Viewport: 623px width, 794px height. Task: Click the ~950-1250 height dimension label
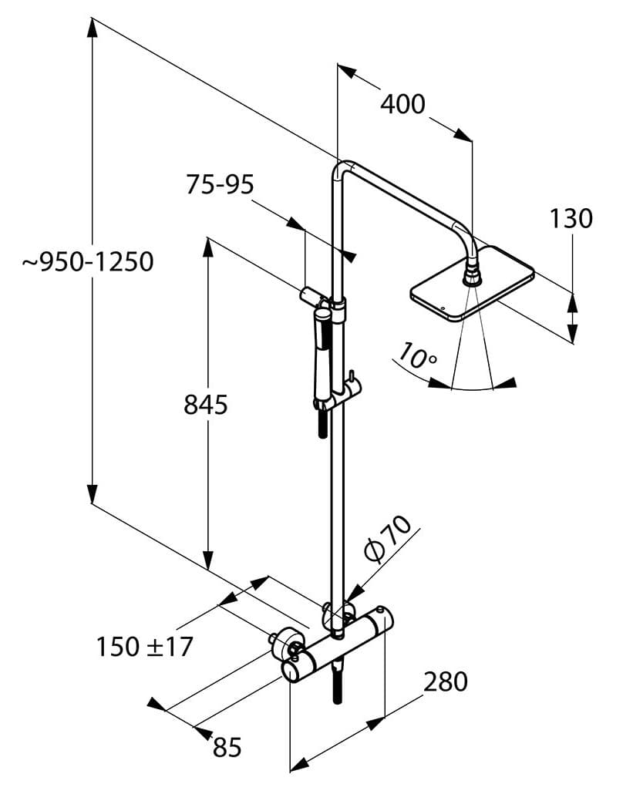point(88,262)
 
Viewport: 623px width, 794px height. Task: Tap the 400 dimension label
point(402,104)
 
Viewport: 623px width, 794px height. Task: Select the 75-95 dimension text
point(220,184)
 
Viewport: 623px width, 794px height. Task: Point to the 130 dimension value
point(571,218)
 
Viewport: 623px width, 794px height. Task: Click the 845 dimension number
point(206,405)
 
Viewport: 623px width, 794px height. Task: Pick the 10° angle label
point(416,355)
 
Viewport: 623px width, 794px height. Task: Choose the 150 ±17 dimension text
point(145,647)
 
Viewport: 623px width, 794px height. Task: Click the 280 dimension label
point(446,681)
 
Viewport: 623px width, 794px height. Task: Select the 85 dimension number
point(227,747)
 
